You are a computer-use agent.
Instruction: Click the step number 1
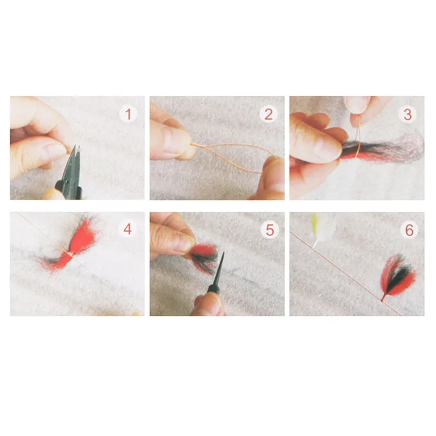click(128, 114)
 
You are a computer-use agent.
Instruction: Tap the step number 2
click(268, 114)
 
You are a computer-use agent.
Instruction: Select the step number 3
click(408, 114)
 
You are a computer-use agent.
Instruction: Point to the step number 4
click(128, 229)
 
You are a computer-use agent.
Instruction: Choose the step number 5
click(270, 230)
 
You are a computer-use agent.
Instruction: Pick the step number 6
click(409, 230)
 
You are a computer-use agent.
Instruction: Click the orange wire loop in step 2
click(230, 156)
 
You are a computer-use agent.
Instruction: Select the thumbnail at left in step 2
click(171, 138)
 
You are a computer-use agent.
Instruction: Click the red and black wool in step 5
click(204, 257)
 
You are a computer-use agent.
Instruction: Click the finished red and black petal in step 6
click(397, 277)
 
